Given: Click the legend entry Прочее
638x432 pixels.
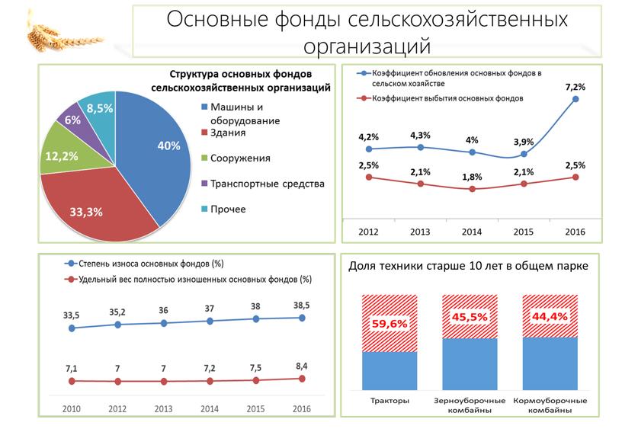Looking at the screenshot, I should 228,209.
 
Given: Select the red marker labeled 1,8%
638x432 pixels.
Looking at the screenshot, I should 473,189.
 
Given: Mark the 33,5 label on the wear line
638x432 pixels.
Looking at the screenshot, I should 72,315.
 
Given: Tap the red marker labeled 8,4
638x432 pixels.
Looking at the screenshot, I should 303,378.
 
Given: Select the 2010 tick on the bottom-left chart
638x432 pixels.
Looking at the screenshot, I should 72,409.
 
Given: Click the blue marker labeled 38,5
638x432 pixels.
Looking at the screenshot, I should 303,318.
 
